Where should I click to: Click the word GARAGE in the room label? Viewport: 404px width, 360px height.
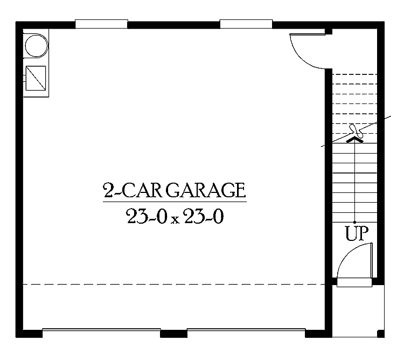(x=205, y=190)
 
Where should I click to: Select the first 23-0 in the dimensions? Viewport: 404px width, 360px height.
(x=145, y=216)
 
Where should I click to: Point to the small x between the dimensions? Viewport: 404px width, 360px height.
(x=175, y=219)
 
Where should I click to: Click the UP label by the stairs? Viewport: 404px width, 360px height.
(x=357, y=233)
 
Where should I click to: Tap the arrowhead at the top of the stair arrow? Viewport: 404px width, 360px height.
(x=355, y=140)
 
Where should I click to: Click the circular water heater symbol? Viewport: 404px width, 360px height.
(x=36, y=46)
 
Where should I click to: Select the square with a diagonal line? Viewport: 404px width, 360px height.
(x=36, y=78)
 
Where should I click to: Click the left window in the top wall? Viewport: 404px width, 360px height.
(x=101, y=24)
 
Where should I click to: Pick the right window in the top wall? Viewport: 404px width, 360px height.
(x=246, y=24)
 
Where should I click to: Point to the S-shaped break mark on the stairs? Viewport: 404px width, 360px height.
(x=356, y=131)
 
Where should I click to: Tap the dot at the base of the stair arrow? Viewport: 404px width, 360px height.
(x=355, y=222)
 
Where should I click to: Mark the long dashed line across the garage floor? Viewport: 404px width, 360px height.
(x=174, y=285)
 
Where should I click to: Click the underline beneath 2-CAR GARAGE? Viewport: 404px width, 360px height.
(x=175, y=202)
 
